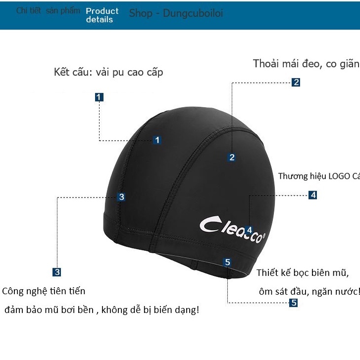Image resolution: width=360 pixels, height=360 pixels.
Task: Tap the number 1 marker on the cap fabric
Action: (157, 140)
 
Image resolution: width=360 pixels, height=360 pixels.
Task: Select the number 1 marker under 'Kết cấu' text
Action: (100, 97)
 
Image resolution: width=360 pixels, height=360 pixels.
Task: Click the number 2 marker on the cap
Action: (232, 157)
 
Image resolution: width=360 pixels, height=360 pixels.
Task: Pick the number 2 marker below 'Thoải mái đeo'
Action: (296, 83)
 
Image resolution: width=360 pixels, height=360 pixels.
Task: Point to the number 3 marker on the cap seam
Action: (122, 197)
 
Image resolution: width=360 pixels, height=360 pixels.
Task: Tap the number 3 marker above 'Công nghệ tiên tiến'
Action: (57, 271)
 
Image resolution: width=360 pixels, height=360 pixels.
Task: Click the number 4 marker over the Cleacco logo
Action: (249, 230)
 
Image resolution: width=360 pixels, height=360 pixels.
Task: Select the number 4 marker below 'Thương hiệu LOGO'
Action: (312, 195)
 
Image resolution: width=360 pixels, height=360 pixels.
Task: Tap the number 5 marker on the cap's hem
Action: (227, 262)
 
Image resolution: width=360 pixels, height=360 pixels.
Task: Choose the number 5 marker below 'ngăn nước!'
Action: (294, 303)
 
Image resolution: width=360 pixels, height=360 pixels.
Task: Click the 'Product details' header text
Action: (102, 15)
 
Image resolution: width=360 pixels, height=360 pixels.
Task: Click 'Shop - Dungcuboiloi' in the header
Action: (176, 13)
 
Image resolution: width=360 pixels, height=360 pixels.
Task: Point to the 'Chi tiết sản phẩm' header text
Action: (48, 10)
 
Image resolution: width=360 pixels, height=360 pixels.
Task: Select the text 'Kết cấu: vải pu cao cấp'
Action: (108, 72)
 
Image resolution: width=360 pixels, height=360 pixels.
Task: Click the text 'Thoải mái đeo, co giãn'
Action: (306, 64)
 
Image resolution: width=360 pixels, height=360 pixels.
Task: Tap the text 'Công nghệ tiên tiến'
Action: (44, 291)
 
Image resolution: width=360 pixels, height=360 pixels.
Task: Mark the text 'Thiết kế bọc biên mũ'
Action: (303, 273)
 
